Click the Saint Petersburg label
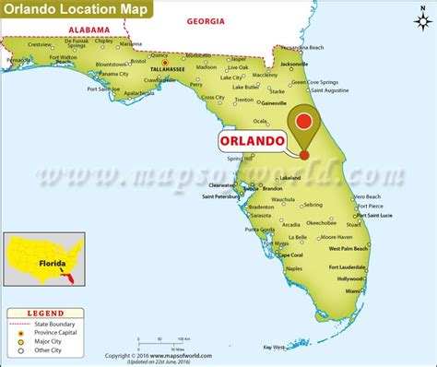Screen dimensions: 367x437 click(221, 196)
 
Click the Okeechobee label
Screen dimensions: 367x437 click(321, 222)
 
